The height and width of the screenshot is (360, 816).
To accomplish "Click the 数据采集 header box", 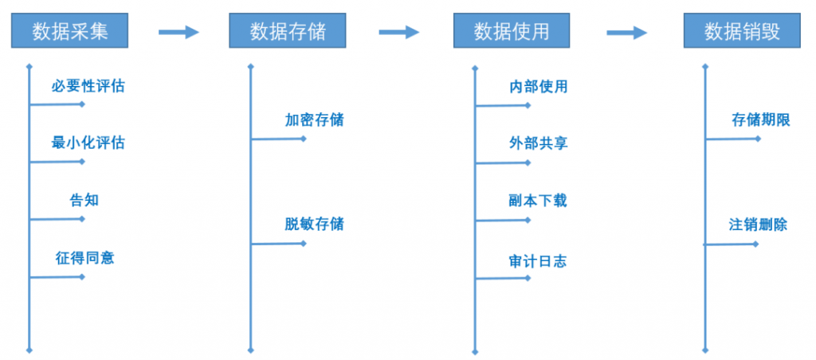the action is point(70,31).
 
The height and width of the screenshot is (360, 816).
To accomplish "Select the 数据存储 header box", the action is point(287,31).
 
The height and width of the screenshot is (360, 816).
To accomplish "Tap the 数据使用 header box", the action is point(512,31).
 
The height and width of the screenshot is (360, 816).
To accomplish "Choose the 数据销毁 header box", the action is point(742,31).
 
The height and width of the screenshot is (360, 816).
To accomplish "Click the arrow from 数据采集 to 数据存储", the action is point(178,32).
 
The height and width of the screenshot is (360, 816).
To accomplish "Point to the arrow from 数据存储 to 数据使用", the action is point(398,32).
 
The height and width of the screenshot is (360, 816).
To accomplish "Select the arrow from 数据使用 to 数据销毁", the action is point(626,32).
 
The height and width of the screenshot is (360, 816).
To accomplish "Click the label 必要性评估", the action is point(88,86).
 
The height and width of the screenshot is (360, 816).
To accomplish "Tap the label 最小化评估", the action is point(88,143).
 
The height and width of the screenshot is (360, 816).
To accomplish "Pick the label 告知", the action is point(84,200).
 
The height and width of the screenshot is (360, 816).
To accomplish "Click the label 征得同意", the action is point(84,257).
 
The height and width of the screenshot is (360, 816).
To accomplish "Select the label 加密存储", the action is point(314,120).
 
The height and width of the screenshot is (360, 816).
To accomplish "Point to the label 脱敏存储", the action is point(314,225).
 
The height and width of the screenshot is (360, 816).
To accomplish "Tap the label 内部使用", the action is point(538,86).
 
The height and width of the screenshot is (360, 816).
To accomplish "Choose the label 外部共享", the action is point(538,143).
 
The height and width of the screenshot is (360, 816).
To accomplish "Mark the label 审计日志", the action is point(538,260).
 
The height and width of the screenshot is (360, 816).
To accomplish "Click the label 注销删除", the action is point(759,225).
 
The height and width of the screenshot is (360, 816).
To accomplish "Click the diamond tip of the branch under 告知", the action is point(82,219).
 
